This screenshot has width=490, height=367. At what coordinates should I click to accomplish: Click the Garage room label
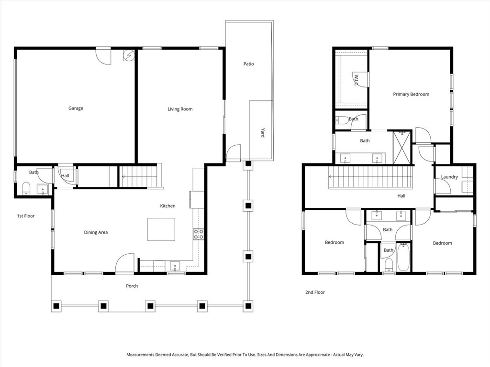[x=76, y=108]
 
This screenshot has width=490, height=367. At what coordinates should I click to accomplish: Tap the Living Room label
[x=180, y=109]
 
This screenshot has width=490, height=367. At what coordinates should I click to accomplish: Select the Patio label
[x=248, y=64]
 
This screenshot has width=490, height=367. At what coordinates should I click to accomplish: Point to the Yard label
[x=263, y=132]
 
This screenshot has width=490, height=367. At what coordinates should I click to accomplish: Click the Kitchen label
[x=167, y=206]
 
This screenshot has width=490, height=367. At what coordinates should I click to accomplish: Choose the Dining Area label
[x=96, y=233]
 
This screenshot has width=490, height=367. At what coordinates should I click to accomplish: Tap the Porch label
[x=132, y=286]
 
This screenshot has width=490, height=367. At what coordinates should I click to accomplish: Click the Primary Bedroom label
[x=411, y=95]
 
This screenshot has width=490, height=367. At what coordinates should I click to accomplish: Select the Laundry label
[x=449, y=177]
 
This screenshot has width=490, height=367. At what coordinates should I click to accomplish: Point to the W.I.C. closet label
[x=357, y=78]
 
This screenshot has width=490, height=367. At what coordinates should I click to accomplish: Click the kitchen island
[x=161, y=229]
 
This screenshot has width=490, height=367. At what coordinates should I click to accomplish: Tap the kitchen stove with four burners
[x=198, y=234]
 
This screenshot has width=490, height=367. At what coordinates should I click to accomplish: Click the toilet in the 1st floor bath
[x=26, y=188]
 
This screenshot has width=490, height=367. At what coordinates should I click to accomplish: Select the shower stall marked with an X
[x=402, y=148]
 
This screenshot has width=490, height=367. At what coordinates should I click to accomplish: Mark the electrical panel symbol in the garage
[x=129, y=55]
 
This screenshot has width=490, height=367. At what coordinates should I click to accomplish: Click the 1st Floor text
[x=26, y=216]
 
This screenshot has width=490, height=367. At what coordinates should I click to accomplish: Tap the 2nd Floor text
[x=315, y=292]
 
